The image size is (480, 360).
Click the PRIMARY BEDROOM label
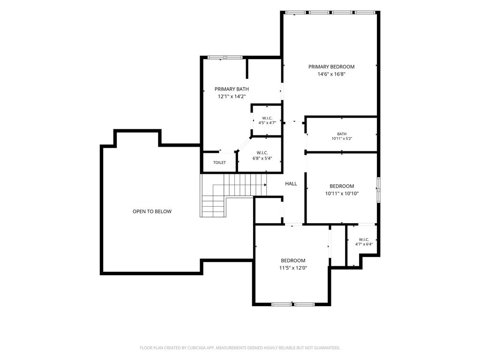331,67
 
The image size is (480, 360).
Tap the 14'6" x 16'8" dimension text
331,74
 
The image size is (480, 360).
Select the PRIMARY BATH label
232,89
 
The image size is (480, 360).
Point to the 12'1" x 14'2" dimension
232,97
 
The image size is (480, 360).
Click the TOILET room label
219,163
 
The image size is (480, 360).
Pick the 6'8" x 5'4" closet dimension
262,158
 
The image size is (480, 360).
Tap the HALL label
291,184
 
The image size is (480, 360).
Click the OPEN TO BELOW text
152,211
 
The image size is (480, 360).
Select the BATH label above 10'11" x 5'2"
342,134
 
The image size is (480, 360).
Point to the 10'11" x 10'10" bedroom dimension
342,194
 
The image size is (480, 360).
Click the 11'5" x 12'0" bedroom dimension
293,268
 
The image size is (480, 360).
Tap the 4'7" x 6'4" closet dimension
364,244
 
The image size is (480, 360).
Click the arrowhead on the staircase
265,185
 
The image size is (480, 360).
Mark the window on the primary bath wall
225,57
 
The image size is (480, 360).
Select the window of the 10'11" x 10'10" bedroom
379,190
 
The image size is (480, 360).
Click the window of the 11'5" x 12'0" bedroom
293,304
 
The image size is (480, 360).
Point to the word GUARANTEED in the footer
328,348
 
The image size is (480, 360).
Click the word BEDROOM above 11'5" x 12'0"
293,261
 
